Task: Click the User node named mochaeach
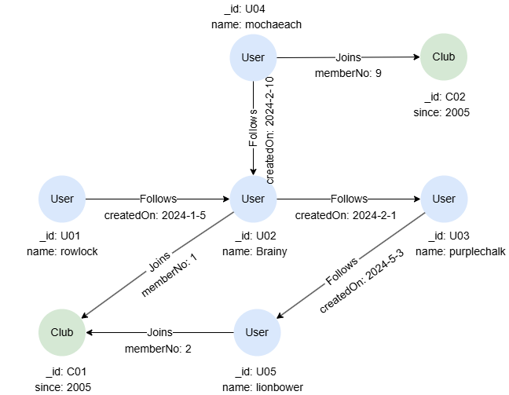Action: click(253, 57)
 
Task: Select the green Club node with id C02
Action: click(449, 57)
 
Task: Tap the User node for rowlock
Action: click(62, 199)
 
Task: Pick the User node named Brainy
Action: click(253, 199)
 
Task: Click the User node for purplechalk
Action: click(444, 199)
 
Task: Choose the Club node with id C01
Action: click(62, 332)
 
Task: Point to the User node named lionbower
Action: click(257, 332)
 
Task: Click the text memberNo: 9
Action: click(348, 73)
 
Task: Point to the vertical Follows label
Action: click(254, 128)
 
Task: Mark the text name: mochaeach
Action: click(257, 24)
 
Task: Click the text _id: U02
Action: click(253, 236)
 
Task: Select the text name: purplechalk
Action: click(460, 251)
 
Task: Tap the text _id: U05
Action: click(257, 371)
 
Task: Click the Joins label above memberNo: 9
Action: click(348, 58)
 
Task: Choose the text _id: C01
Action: click(62, 371)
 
